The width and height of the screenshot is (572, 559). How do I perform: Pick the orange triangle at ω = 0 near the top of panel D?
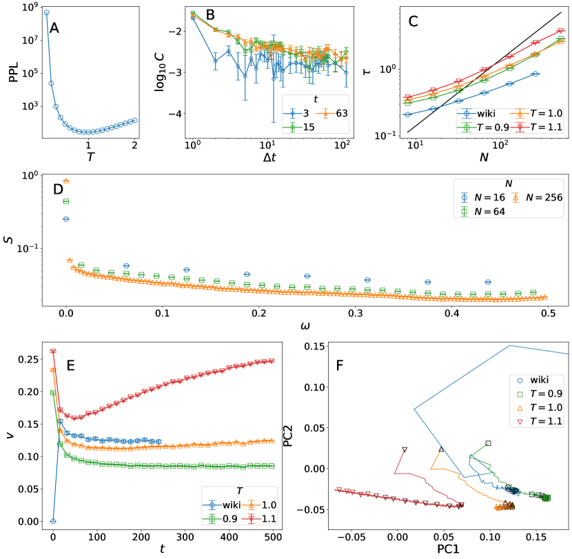66,181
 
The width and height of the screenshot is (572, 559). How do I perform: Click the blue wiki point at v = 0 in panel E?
53,521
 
